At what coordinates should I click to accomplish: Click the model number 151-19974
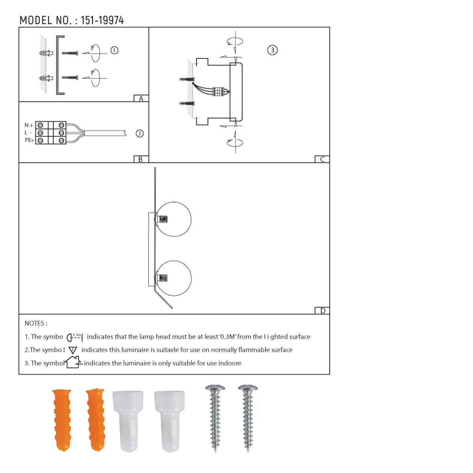coord(102,20)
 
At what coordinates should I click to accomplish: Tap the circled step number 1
coord(114,50)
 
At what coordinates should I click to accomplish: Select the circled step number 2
coord(140,133)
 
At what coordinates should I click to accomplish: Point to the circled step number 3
coord(272,50)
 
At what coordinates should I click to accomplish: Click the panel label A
coord(141,99)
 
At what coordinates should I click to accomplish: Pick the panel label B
coord(141,159)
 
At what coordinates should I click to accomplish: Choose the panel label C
coord(322,159)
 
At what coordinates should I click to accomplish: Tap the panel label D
coord(322,311)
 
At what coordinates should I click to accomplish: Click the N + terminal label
coord(29,125)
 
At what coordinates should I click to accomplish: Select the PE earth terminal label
coord(29,140)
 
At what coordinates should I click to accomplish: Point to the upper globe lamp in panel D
coord(174,219)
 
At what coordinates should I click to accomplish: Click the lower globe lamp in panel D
coord(174,278)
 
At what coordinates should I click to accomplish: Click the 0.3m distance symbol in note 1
coord(74,337)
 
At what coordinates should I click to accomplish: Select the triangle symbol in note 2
coord(73,350)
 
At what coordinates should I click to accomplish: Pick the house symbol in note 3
coord(74,362)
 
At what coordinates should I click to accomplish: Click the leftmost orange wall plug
coord(62,419)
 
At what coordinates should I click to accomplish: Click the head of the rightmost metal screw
coord(248,389)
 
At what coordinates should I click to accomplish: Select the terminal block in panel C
coord(218,91)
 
